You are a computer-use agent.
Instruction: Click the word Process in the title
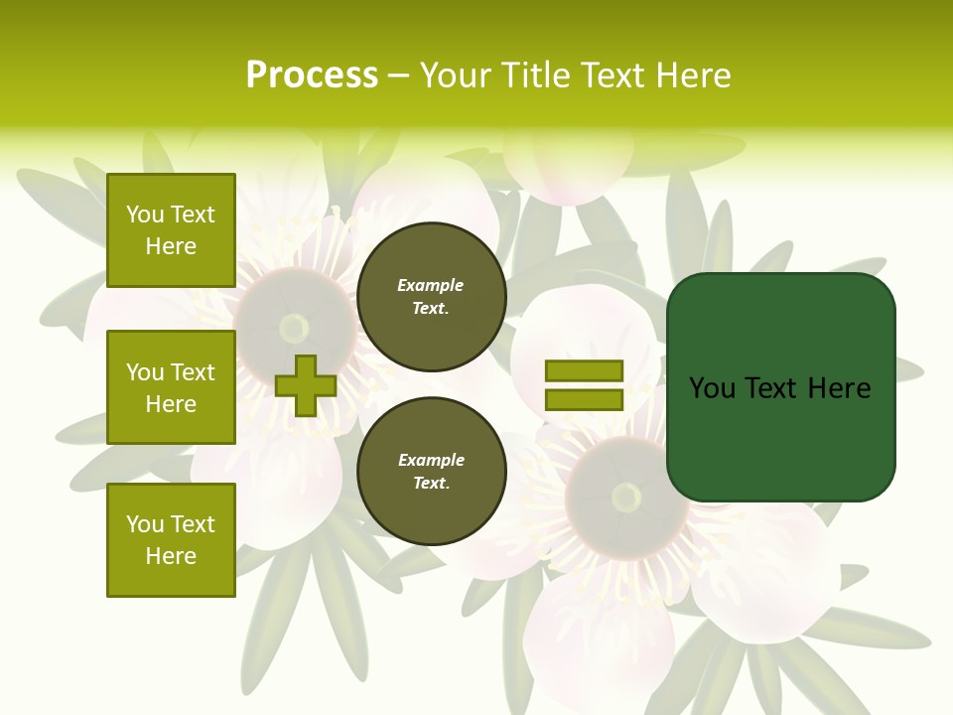click(x=312, y=75)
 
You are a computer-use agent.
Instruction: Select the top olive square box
click(x=171, y=230)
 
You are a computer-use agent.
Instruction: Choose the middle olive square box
click(x=171, y=387)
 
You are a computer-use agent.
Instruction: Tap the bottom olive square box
click(x=171, y=539)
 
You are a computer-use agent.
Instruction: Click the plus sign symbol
click(x=306, y=385)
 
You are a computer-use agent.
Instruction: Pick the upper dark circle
click(x=431, y=297)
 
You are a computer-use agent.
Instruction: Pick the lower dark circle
click(x=431, y=472)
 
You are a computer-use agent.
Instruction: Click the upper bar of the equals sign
click(x=584, y=370)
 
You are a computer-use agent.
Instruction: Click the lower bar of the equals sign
click(x=584, y=399)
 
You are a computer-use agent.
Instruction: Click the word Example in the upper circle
click(x=431, y=285)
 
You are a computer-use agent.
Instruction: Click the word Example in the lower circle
click(x=431, y=460)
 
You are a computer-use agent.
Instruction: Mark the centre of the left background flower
click(x=294, y=328)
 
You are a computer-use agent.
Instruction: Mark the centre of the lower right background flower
click(x=626, y=497)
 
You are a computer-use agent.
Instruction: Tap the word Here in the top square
click(x=171, y=246)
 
